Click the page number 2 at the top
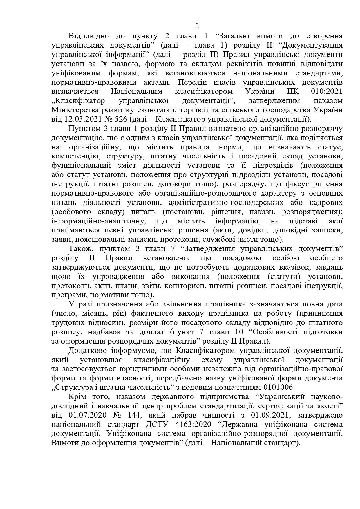[x=197, y=26]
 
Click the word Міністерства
[x=73, y=110]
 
